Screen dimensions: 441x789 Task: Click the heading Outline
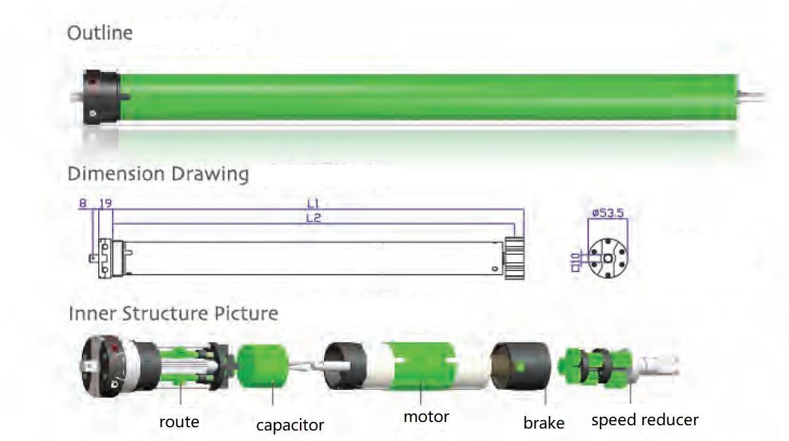click(x=100, y=33)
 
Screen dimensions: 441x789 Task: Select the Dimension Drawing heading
click(x=158, y=174)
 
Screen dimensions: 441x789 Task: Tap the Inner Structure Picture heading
click(x=173, y=314)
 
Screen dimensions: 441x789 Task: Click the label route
click(x=179, y=421)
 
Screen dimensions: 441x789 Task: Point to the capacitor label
click(x=289, y=425)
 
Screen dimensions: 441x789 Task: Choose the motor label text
click(x=426, y=417)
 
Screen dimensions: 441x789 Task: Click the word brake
click(x=543, y=423)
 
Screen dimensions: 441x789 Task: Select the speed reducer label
click(x=644, y=420)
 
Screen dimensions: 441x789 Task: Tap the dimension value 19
click(x=105, y=204)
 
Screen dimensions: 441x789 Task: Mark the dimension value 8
click(x=83, y=204)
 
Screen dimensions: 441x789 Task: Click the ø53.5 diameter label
click(x=608, y=213)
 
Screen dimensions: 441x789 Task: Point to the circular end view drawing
click(x=608, y=257)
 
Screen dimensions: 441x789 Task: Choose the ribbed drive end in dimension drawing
click(x=515, y=259)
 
